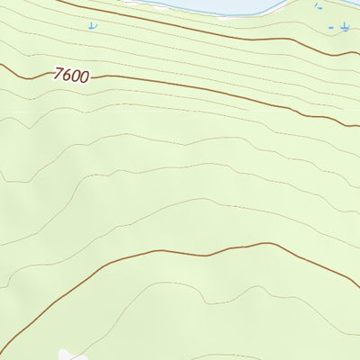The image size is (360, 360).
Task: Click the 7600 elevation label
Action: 71,76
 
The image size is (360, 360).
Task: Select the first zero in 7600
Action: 76,76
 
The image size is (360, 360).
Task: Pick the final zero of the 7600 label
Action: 84,76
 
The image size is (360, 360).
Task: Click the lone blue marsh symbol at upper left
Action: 91,25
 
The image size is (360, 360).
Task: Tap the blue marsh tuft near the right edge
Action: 345,29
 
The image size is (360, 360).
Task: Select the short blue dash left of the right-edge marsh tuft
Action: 330,28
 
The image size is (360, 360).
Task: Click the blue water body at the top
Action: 225,4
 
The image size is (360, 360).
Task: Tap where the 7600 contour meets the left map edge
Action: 2,65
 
